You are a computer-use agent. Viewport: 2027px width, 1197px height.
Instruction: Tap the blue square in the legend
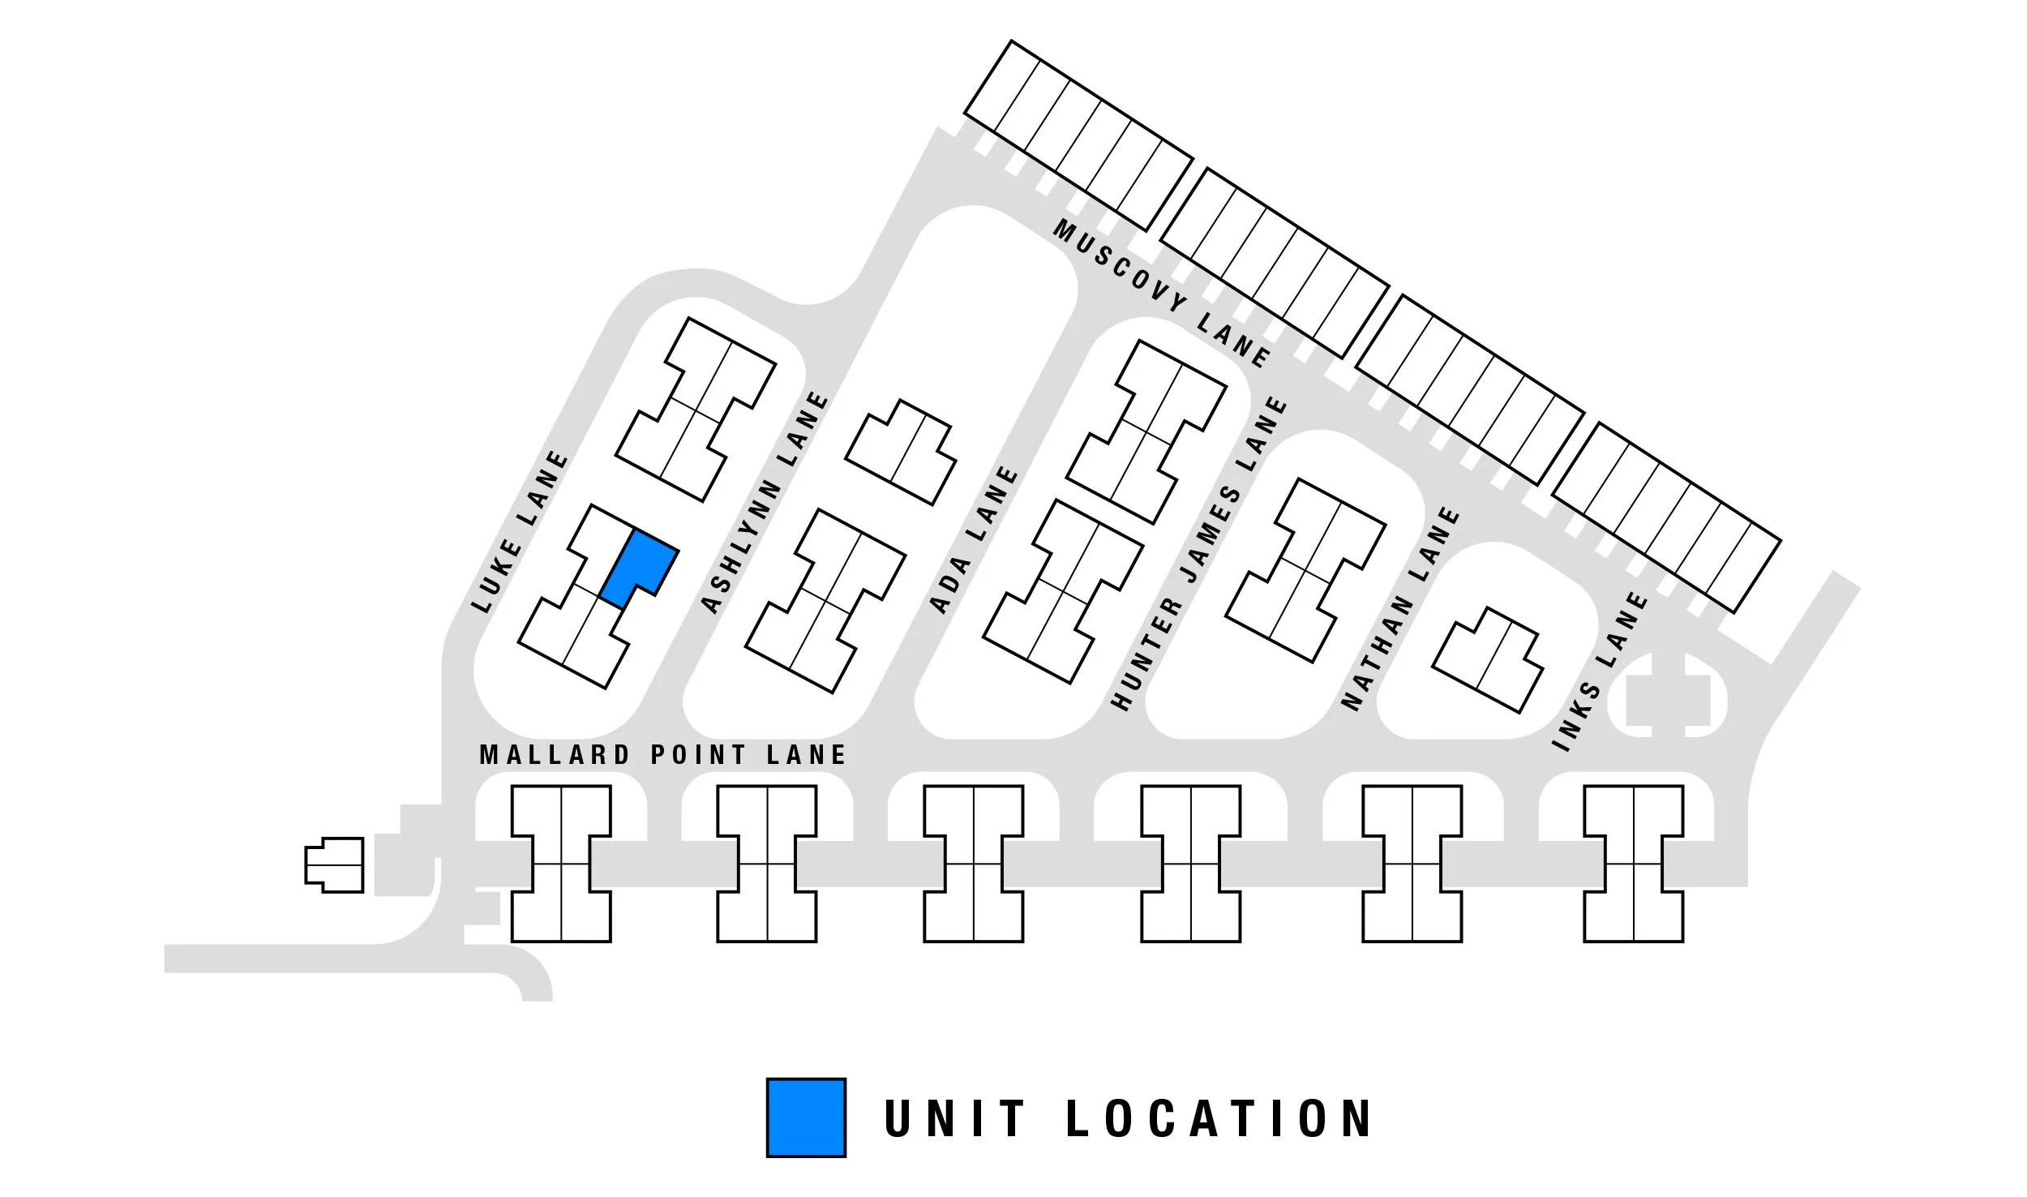click(806, 1117)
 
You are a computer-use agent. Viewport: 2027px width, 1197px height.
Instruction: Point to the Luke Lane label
click(521, 532)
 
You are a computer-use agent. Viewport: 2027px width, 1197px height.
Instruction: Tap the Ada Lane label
click(974, 539)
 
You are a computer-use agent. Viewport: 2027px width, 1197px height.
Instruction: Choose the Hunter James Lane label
click(1199, 554)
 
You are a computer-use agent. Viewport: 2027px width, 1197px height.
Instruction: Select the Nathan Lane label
click(1400, 608)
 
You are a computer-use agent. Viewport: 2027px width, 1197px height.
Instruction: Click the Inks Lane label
click(1600, 671)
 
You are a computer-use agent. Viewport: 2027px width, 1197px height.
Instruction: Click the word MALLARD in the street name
click(555, 755)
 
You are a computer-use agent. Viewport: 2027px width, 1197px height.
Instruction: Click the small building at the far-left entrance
click(334, 865)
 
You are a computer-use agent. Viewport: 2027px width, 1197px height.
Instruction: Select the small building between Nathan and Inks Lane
click(1488, 660)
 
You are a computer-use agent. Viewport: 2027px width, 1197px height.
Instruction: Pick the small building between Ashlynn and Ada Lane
click(901, 453)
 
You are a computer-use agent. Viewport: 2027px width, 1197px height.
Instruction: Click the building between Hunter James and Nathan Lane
click(1305, 570)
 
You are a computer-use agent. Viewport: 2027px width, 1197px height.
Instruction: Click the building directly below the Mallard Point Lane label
click(561, 863)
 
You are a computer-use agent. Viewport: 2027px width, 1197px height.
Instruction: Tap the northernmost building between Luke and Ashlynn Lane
click(696, 410)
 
